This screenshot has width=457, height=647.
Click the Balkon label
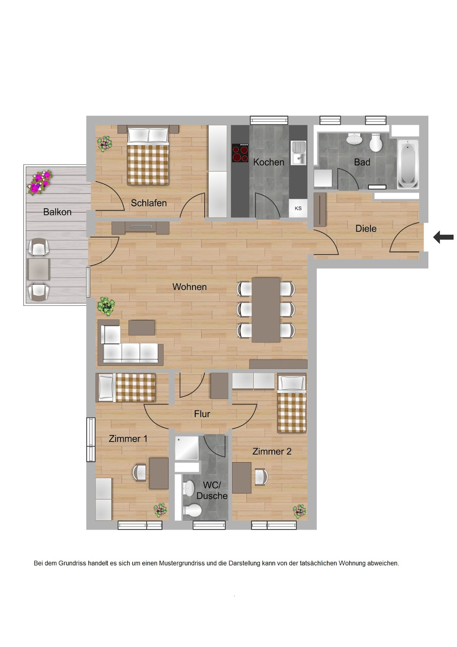click(57, 212)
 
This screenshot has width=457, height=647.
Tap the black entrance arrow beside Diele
click(443, 237)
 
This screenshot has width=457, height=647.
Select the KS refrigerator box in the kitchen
click(298, 208)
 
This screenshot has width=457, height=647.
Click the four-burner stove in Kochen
click(240, 153)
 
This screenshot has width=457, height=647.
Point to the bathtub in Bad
click(408, 164)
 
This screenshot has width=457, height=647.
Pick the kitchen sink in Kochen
click(298, 152)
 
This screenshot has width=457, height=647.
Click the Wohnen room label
click(189, 287)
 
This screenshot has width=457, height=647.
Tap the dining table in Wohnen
click(266, 310)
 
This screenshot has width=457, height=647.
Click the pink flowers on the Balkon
click(40, 182)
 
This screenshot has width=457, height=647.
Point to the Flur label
click(202, 414)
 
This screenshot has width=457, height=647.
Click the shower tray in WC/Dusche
click(187, 448)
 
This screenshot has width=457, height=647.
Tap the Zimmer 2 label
click(271, 451)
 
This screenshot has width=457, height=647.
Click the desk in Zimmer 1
click(159, 473)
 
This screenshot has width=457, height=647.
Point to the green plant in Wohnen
click(106, 305)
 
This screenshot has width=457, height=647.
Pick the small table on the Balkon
click(38, 269)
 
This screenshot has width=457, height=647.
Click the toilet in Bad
click(376, 143)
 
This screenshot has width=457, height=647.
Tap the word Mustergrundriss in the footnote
click(181, 563)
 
